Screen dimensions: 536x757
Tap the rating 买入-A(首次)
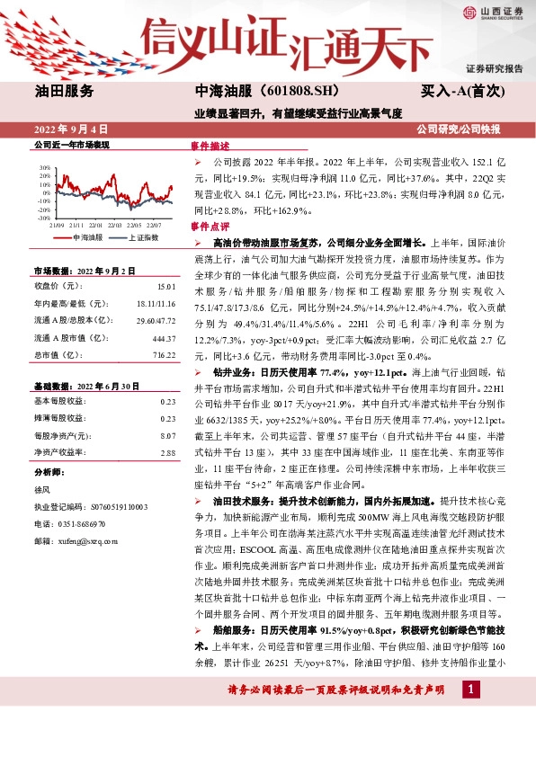[x=464, y=91]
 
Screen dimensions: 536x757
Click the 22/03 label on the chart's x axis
[x=114, y=225]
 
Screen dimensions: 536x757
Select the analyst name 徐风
[x=41, y=488]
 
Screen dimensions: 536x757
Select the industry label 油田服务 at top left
[x=64, y=91]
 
